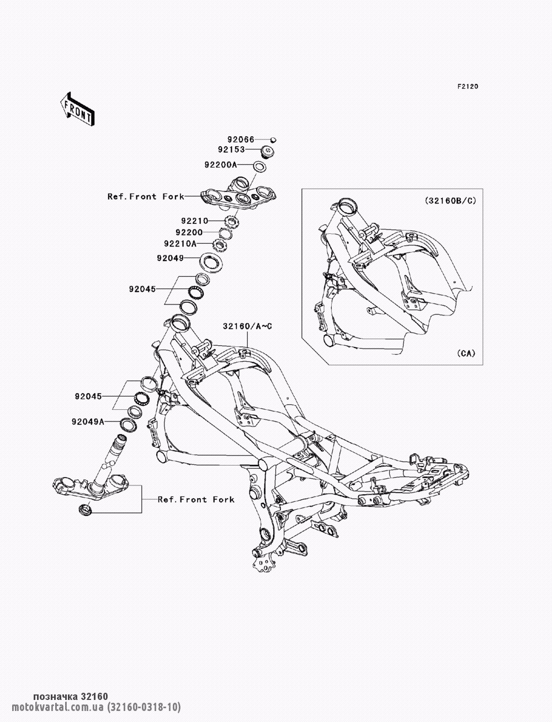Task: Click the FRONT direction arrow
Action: pyautogui.click(x=77, y=109)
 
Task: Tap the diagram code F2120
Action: pyautogui.click(x=468, y=87)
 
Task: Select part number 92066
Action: pyautogui.click(x=241, y=140)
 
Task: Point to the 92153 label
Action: pyautogui.click(x=231, y=149)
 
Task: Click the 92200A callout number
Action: pyautogui.click(x=221, y=164)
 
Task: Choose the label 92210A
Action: pyautogui.click(x=180, y=244)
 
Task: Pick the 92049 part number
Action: pyautogui.click(x=171, y=258)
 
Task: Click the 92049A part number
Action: pyautogui.click(x=88, y=421)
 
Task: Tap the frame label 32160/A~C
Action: pyautogui.click(x=247, y=327)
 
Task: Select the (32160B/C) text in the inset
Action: pyautogui.click(x=450, y=200)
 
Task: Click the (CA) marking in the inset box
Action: pyautogui.click(x=466, y=353)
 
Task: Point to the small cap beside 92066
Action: pyautogui.click(x=273, y=140)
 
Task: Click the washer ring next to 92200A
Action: pyautogui.click(x=259, y=167)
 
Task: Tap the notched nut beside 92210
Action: pyautogui.click(x=231, y=221)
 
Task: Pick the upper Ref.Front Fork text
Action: pyautogui.click(x=146, y=197)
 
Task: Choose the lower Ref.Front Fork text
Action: pyautogui.click(x=196, y=500)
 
